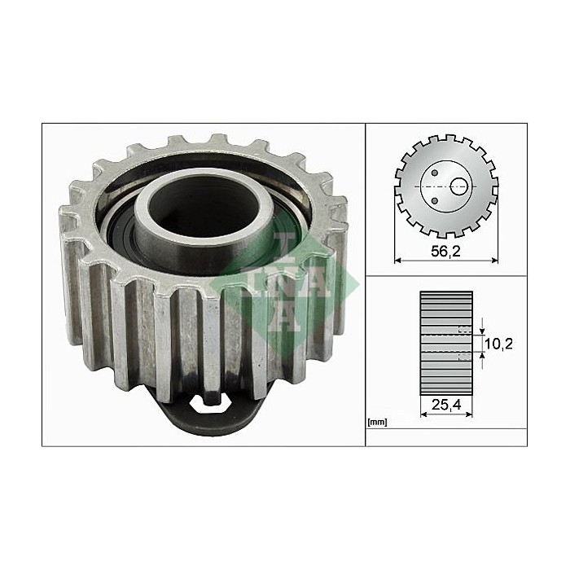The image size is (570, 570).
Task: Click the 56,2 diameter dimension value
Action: (x=445, y=252)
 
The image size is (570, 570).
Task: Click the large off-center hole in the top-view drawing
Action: (x=461, y=185)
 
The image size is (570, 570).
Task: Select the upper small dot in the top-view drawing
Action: (x=436, y=172)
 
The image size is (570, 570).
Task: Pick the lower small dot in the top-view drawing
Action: (x=436, y=199)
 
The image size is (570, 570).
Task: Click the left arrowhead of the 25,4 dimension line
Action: (x=423, y=412)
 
